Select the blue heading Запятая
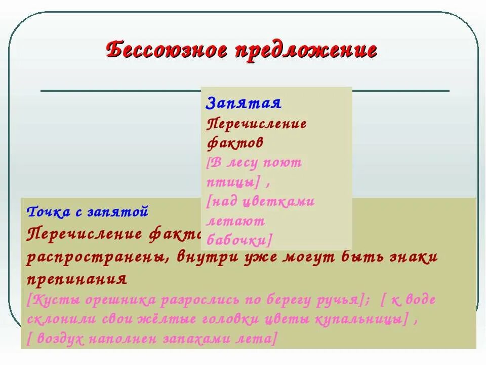(x=244, y=102)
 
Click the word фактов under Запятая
(x=235, y=142)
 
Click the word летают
(x=236, y=221)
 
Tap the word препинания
(x=76, y=279)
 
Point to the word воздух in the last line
(x=58, y=339)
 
